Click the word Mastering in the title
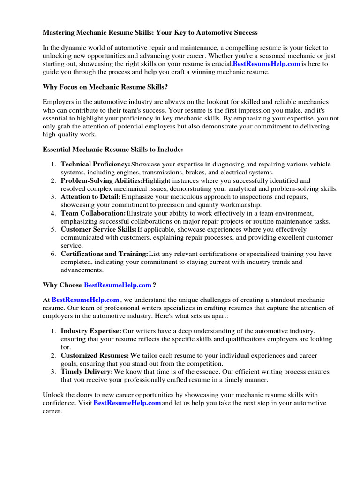(60, 33)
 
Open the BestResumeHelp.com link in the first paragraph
(266, 64)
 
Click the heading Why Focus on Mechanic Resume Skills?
(105, 87)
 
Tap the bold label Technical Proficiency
(95, 165)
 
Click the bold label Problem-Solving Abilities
(101, 180)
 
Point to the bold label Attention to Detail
(90, 197)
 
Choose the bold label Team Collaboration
(93, 213)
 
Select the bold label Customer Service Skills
(98, 230)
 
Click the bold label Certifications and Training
(104, 254)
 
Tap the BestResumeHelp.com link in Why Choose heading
(118, 285)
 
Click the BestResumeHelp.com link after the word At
(85, 300)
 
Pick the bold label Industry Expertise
(91, 331)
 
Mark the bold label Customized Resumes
(95, 356)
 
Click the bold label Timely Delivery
(87, 372)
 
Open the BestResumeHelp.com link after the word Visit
(127, 403)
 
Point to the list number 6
(53, 254)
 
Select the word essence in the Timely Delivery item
(202, 372)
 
